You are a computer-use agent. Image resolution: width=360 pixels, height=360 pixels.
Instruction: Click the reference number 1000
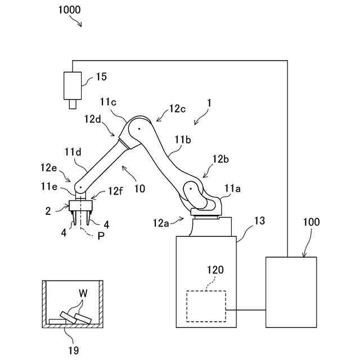click(x=68, y=10)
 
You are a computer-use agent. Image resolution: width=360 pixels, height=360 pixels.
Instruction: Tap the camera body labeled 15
click(x=73, y=85)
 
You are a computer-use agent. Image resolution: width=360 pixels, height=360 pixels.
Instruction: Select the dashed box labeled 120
click(x=206, y=306)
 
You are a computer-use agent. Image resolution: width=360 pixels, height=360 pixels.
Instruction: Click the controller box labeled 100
click(x=291, y=291)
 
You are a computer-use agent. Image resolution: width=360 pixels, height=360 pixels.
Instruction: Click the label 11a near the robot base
click(x=233, y=190)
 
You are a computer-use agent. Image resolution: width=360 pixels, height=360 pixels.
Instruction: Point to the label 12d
click(x=94, y=119)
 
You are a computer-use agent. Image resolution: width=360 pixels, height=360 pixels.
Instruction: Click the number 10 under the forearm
click(x=139, y=188)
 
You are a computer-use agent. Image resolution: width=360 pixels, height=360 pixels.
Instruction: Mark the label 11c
click(x=109, y=102)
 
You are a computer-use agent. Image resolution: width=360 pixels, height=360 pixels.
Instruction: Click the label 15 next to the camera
click(x=102, y=76)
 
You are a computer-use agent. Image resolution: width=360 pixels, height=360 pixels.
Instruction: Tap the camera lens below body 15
click(x=73, y=104)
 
